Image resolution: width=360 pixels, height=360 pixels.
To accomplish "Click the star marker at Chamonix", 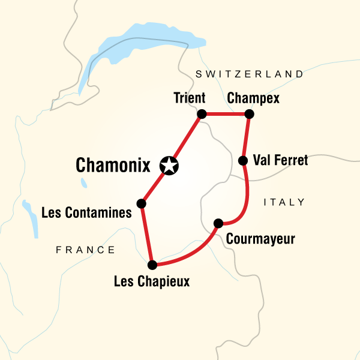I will pos(169,166).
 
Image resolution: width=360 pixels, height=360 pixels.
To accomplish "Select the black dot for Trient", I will pos(202,114).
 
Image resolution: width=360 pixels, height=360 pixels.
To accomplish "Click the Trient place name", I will pos(188,98).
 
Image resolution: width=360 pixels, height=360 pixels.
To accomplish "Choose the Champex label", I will pos(253,98).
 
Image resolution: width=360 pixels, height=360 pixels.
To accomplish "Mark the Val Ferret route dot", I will pos(243,160).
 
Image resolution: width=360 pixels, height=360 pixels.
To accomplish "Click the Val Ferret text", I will pos(280,160).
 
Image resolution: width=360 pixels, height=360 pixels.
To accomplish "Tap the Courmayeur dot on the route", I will pos(218,223).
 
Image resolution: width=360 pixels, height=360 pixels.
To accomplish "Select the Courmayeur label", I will pos(261,239).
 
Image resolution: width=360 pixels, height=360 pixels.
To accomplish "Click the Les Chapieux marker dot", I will pos(152,265).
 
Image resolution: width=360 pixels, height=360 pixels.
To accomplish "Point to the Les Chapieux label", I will pos(152,280).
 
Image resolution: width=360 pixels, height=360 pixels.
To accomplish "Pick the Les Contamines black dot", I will pos(142,203).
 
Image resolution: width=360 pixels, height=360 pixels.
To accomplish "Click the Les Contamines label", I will pos(86,211).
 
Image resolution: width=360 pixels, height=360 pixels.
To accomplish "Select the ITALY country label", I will pos(284,202).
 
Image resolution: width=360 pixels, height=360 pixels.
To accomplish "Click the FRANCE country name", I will pos(85,250).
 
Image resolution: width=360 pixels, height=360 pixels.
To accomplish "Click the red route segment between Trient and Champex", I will pos(226,114).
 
